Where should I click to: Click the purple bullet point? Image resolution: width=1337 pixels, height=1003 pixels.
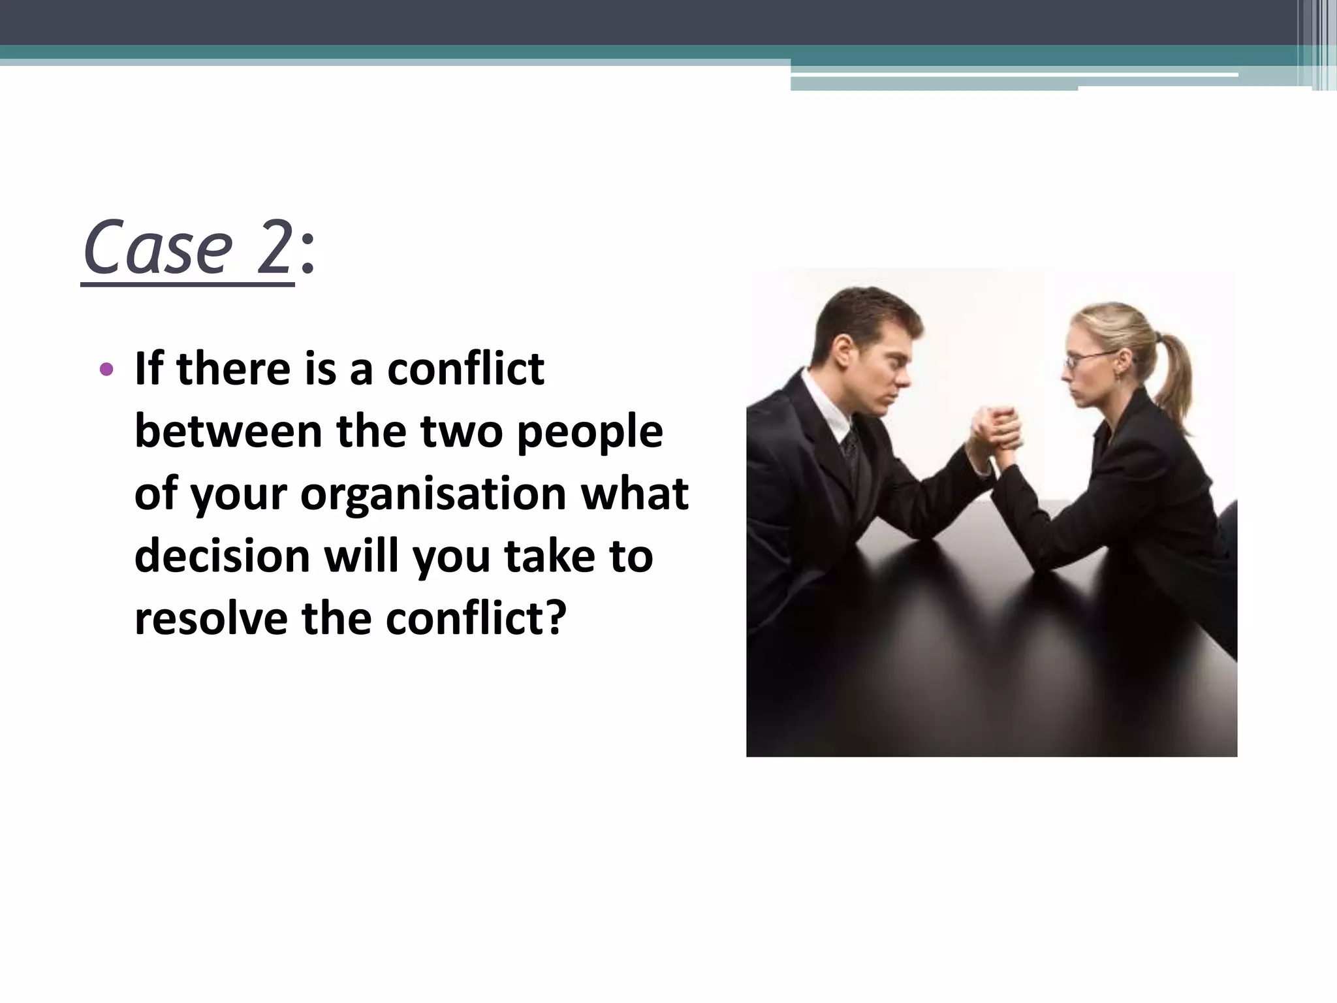pyautogui.click(x=106, y=371)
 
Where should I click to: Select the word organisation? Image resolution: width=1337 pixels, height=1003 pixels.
pyautogui.click(x=432, y=494)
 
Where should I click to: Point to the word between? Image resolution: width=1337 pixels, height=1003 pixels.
pyautogui.click(x=228, y=432)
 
